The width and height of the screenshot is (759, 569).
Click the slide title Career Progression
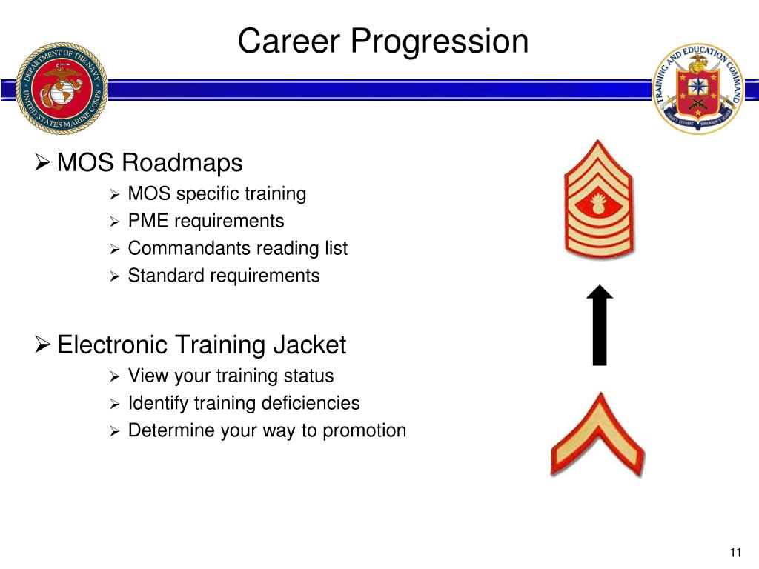point(383,41)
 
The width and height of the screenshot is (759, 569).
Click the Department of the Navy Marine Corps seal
point(62,87)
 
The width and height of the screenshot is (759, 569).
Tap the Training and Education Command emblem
point(697,87)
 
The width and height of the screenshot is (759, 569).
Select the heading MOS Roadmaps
point(150,162)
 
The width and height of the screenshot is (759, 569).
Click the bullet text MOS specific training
point(216,194)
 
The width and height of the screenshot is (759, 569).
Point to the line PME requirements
point(205,221)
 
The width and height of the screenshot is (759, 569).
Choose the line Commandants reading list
point(237,248)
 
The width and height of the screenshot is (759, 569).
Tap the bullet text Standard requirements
point(224,276)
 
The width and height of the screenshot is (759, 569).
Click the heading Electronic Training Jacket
point(202,345)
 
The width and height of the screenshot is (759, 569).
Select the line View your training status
point(231,376)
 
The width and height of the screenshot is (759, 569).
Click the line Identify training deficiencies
point(244,403)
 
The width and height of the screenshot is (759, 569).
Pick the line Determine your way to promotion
point(267,430)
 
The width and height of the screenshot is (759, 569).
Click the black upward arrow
point(599,326)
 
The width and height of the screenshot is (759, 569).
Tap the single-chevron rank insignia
point(597,435)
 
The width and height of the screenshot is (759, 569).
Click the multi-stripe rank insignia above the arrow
point(598,199)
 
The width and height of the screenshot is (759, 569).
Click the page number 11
point(735,553)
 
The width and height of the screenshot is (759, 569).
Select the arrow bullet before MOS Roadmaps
point(43,162)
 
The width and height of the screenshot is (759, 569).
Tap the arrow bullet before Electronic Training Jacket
point(43,345)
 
